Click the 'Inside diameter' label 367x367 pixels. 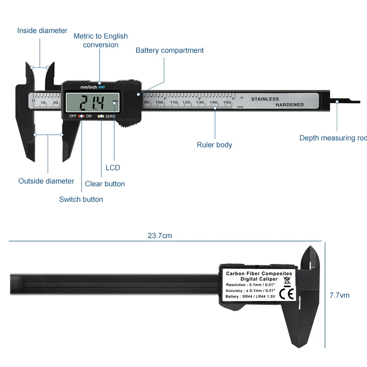tap(42, 31)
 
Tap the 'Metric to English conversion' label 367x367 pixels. tap(101, 40)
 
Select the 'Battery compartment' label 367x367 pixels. tap(170, 50)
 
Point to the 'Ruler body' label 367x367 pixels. tap(214, 145)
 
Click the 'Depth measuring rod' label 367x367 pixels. tap(333, 138)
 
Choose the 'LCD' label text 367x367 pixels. tap(113, 168)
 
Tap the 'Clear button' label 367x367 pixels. tap(105, 184)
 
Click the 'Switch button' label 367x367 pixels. tap(81, 200)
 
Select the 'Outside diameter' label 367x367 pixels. tap(46, 181)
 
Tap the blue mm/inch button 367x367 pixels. tap(101, 87)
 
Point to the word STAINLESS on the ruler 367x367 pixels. tap(265, 99)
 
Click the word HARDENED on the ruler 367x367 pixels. tap(289, 105)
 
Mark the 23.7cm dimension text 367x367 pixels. tap(160, 236)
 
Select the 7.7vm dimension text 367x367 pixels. tap(339, 295)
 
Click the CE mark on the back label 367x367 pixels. tap(287, 294)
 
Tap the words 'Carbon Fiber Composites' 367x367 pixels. tap(259, 274)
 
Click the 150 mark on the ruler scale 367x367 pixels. tap(227, 102)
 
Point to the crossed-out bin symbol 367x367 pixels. tap(287, 280)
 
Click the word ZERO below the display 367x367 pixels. tap(111, 117)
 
